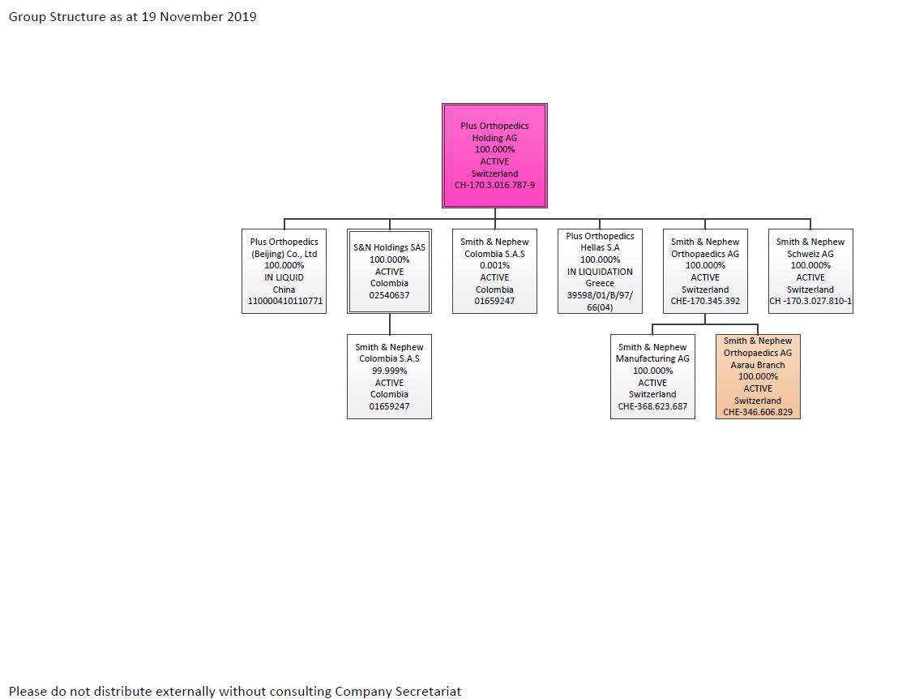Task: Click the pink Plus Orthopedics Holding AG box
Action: click(494, 155)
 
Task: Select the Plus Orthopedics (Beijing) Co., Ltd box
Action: click(284, 271)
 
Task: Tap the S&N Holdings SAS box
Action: click(389, 271)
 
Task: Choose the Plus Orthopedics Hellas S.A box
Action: click(600, 271)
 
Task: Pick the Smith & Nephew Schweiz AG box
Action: click(810, 271)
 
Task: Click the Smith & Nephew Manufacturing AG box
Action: click(652, 376)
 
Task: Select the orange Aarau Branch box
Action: click(758, 376)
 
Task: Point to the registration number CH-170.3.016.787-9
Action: click(494, 185)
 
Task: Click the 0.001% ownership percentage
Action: click(494, 265)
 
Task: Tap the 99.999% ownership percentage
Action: click(389, 371)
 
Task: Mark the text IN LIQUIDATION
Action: click(600, 272)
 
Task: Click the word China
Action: click(284, 289)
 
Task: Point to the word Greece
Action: click(600, 284)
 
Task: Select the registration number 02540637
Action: click(389, 295)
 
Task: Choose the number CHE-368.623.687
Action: click(652, 406)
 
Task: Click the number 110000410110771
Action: click(284, 301)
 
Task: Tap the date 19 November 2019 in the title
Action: click(199, 16)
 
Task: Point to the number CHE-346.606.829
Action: click(758, 412)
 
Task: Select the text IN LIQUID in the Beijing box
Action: click(284, 277)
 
